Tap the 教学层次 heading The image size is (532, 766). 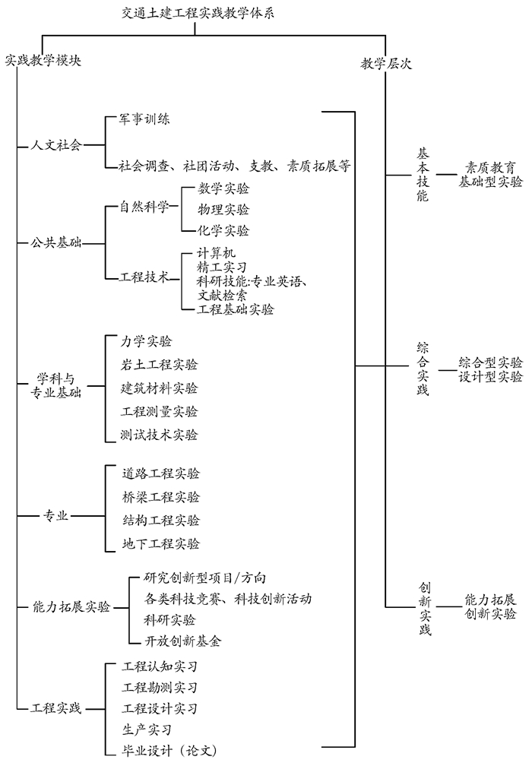coord(386,65)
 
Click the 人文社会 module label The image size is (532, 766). coord(55,144)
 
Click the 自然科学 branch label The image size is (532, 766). coord(144,207)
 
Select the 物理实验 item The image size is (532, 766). coord(223,209)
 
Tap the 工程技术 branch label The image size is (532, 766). coord(144,277)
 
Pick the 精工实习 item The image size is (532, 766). coord(222,267)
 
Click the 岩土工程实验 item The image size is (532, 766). coord(160,364)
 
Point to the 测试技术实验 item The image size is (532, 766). coord(160,435)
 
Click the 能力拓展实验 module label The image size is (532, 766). coord(71,606)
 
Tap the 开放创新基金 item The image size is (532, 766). coord(183,641)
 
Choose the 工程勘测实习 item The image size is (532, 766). coord(160,687)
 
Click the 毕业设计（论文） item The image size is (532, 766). coord(175,751)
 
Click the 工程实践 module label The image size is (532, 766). coord(55,709)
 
